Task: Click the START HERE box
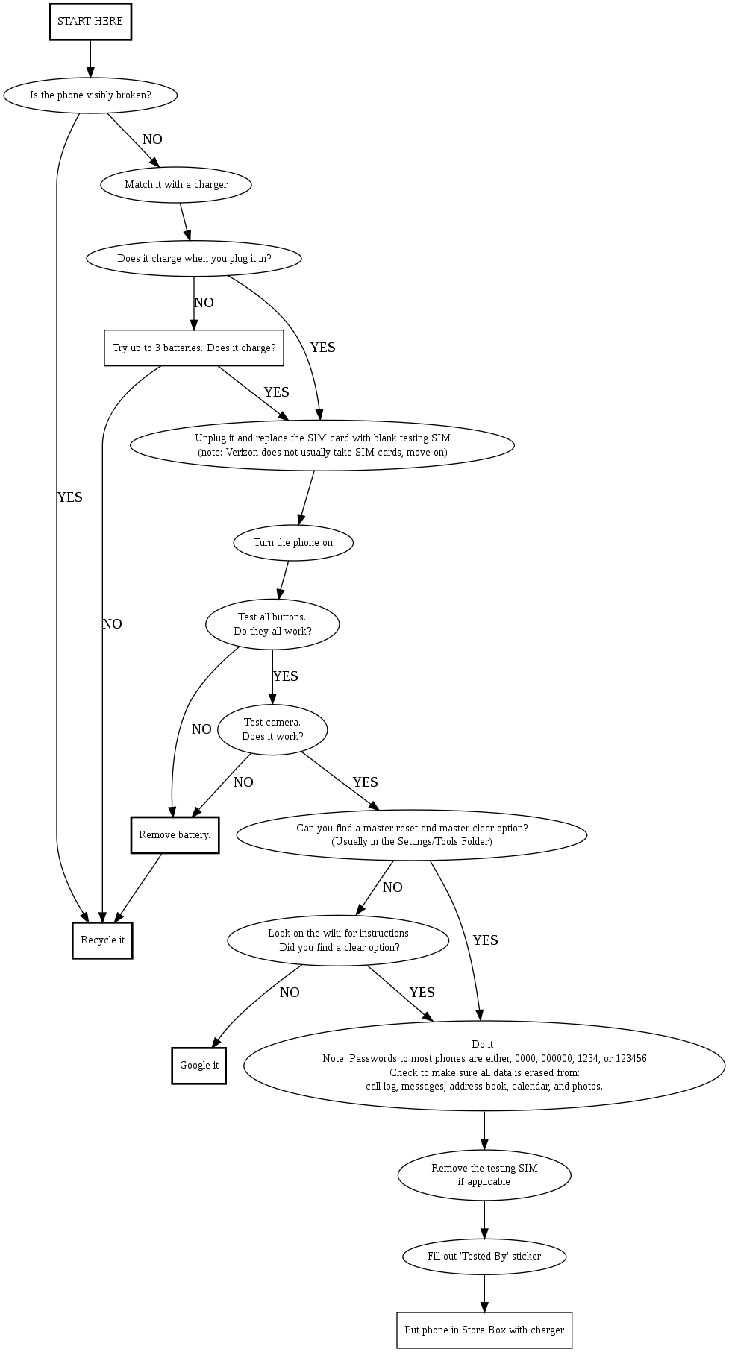click(x=90, y=22)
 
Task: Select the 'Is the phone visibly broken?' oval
click(x=90, y=95)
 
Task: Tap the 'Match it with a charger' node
click(x=175, y=184)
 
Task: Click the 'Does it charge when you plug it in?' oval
click(x=194, y=259)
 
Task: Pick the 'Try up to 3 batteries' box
click(x=194, y=348)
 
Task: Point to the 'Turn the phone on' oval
click(x=293, y=543)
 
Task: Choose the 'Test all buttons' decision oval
click(x=272, y=624)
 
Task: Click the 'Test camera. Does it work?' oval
click(x=272, y=729)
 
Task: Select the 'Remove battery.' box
click(x=175, y=835)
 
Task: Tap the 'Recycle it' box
click(x=102, y=940)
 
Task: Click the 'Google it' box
click(x=199, y=1066)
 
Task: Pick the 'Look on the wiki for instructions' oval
click(x=338, y=940)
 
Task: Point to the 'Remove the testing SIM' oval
click(x=484, y=1175)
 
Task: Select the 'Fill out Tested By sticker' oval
click(x=484, y=1257)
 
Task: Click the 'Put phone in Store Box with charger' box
click(x=484, y=1330)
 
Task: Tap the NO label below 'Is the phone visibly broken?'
click(x=152, y=139)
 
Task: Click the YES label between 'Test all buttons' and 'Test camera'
click(x=286, y=676)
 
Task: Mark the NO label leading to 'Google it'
click(x=290, y=993)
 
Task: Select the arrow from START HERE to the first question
click(x=90, y=58)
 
